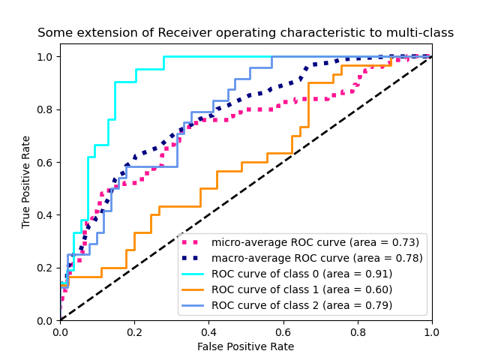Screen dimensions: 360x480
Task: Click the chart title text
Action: [x=245, y=33]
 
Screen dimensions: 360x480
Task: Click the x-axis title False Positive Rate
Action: [x=245, y=346]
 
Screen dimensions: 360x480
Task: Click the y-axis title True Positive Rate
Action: [x=26, y=182]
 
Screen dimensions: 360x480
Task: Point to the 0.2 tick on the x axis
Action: [x=134, y=331]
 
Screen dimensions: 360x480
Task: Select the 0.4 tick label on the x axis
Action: [x=208, y=331]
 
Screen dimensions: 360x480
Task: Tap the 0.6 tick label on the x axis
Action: [x=283, y=331]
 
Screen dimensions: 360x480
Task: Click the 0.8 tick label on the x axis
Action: [x=357, y=331]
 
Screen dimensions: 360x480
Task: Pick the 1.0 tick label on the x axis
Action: [x=431, y=331]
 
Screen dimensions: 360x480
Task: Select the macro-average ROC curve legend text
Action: [x=316, y=258]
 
